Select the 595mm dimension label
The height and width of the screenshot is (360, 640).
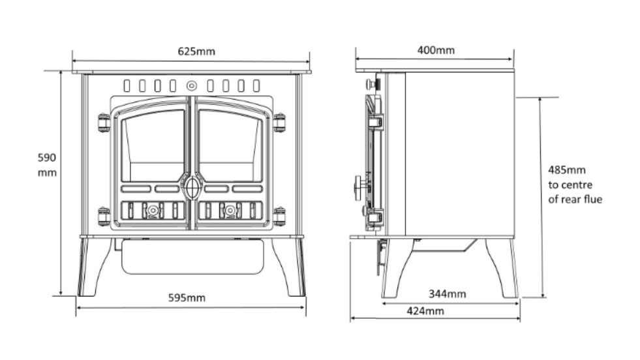[187, 298]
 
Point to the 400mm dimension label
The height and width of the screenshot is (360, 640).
[436, 50]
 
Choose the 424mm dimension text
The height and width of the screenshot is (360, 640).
[425, 311]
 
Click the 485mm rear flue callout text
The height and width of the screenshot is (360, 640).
[574, 185]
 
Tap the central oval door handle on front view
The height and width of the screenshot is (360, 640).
[191, 188]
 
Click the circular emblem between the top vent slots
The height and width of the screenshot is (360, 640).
[192, 85]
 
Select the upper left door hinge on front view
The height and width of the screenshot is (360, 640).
[104, 122]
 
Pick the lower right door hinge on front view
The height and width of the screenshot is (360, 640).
[279, 216]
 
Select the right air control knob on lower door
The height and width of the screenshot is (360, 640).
[230, 210]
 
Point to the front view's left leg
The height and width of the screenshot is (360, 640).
[91, 267]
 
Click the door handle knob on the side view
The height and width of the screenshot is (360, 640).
[358, 187]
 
